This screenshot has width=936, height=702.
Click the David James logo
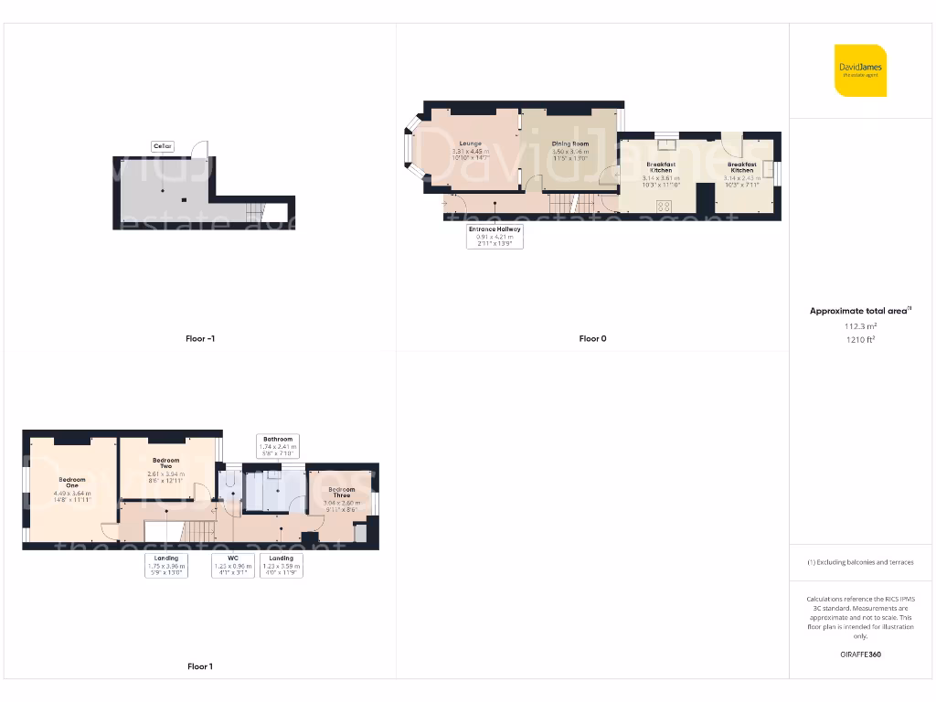(x=860, y=70)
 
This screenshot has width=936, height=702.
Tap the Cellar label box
(x=163, y=146)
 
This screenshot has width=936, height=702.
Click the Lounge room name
(x=470, y=144)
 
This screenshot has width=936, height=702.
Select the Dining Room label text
(x=570, y=144)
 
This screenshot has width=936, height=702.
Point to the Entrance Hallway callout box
(x=495, y=236)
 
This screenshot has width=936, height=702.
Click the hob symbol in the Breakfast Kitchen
(x=663, y=206)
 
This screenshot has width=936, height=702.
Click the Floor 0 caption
(x=592, y=338)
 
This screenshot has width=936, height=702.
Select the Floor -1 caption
(x=200, y=338)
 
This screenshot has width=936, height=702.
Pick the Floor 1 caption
(x=200, y=666)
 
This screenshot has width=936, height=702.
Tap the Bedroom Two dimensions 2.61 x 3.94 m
(x=165, y=474)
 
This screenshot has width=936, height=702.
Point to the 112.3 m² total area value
(x=860, y=325)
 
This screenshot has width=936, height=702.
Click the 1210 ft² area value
(x=860, y=339)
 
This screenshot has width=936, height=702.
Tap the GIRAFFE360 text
(x=860, y=654)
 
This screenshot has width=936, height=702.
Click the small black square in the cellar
(x=184, y=199)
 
